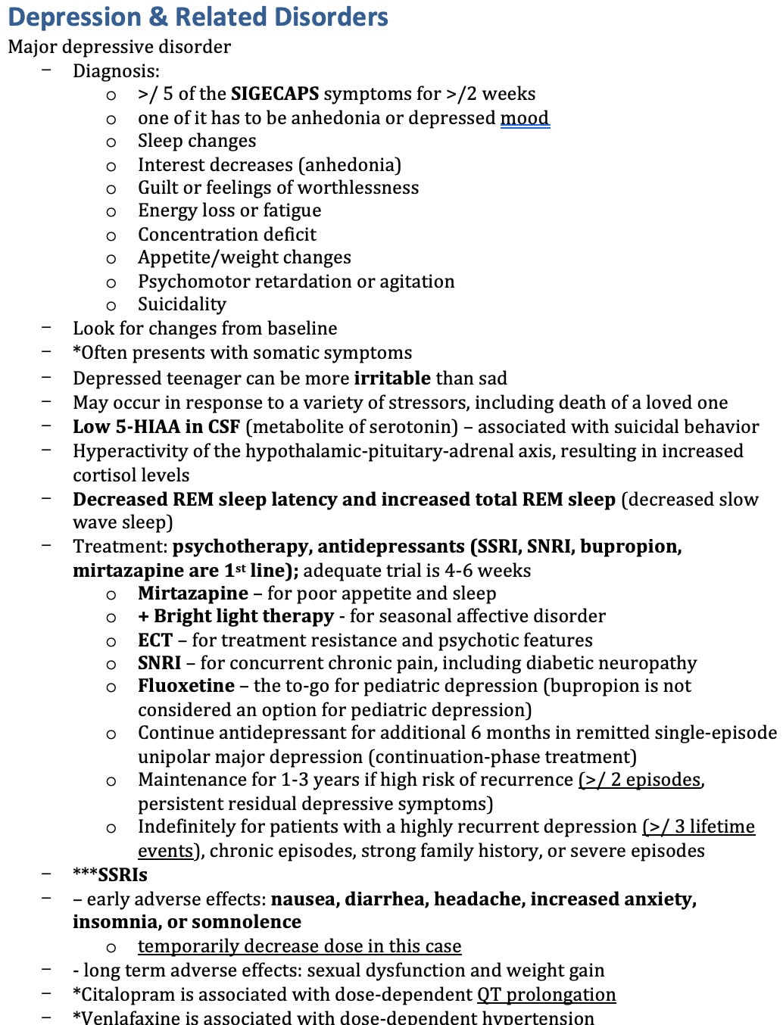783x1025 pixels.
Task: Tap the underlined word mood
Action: coord(525,118)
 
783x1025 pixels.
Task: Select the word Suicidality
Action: coord(182,304)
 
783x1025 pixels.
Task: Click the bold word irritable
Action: coord(391,378)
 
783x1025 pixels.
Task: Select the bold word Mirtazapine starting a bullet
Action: coord(192,594)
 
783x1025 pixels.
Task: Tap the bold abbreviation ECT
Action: coord(154,640)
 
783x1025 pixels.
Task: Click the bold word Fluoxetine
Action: coord(186,686)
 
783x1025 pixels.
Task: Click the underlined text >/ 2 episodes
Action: coord(640,780)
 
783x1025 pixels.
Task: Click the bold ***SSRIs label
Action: coord(110,875)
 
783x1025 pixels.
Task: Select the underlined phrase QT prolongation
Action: coord(546,995)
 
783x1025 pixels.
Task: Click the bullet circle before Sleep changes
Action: coord(111,142)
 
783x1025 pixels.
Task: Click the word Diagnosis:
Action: coord(116,71)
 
